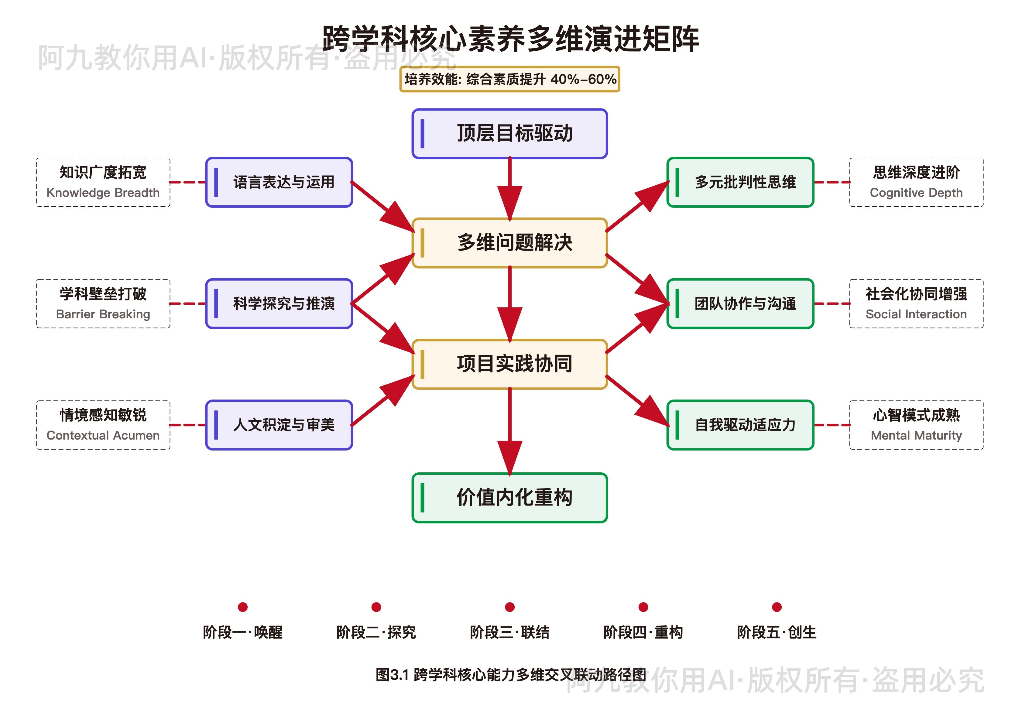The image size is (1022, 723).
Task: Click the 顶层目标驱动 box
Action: (510, 134)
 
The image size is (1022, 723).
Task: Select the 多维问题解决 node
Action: (510, 243)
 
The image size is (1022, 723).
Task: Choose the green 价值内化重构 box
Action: (510, 498)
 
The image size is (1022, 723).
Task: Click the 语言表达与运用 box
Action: (279, 182)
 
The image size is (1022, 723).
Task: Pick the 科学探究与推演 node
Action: (279, 303)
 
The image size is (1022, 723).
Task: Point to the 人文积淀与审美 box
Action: (279, 425)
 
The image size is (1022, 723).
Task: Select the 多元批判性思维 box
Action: (740, 182)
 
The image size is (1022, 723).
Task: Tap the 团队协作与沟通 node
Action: (740, 303)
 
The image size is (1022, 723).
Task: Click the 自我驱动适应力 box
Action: (740, 425)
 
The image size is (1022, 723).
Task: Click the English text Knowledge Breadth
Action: (103, 193)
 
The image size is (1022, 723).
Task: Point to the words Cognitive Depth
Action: (916, 193)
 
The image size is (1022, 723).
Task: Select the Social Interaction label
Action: (916, 314)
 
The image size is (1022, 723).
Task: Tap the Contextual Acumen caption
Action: (103, 435)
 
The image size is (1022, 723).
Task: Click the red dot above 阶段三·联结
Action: (510, 607)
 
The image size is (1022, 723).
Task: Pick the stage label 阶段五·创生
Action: (777, 632)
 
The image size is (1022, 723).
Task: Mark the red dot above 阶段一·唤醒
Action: (243, 607)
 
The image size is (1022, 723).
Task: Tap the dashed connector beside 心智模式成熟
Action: (832, 425)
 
